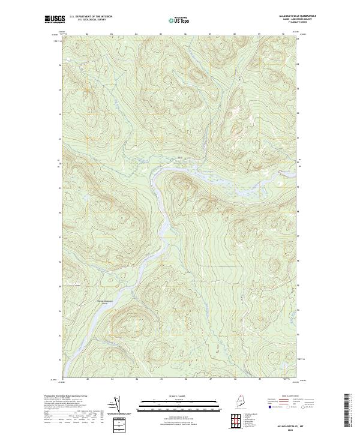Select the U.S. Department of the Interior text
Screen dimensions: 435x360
[91, 17]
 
